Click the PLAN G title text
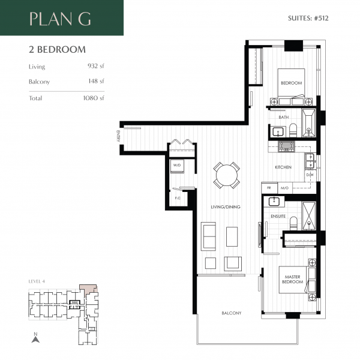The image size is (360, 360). coord(60,19)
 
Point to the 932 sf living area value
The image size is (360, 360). coord(95,67)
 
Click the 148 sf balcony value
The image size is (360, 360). coord(96,81)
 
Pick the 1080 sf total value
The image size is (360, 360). coord(94,98)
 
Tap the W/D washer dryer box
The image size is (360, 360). coord(178,164)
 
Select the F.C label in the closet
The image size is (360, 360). coord(178,197)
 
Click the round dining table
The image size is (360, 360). coord(227,176)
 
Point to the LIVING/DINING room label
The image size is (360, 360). coord(225,207)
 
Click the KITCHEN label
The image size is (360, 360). coord(283,167)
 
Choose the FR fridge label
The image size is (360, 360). coord(269,188)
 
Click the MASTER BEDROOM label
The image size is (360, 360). coord(292,280)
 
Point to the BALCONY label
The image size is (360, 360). coord(231,313)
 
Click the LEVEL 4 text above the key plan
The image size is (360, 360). coord(37,281)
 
